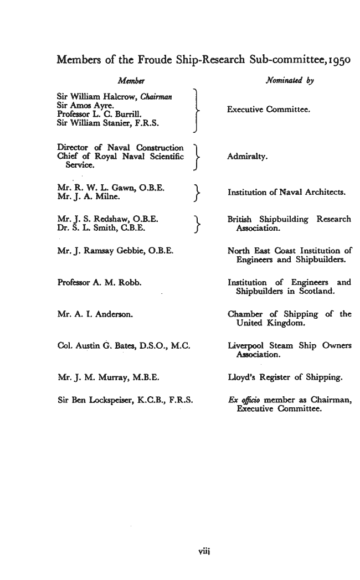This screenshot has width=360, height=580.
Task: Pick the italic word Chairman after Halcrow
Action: tap(156, 97)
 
